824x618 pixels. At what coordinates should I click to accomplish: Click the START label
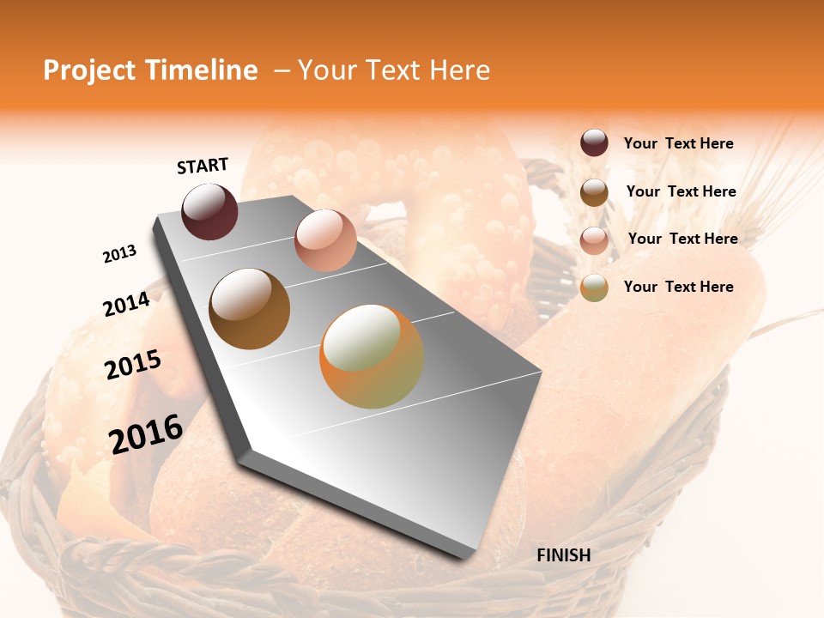[x=203, y=166]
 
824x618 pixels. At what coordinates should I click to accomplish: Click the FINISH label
[x=563, y=555]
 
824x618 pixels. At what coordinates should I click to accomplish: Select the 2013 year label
[x=119, y=254]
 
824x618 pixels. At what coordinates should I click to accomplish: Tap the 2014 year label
[x=126, y=305]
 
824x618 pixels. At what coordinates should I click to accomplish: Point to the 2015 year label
[x=133, y=365]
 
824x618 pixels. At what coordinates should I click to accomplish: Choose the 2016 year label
[x=146, y=433]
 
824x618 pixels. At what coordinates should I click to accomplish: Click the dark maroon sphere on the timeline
[x=209, y=211]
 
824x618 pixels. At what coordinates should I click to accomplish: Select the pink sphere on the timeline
[x=325, y=240]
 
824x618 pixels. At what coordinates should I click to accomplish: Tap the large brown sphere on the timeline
[x=249, y=309]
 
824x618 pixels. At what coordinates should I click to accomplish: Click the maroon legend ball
[x=594, y=142]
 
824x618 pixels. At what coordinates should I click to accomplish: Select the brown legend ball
[x=594, y=192]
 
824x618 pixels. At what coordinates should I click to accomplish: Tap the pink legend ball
[x=594, y=239]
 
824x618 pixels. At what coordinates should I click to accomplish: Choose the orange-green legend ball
[x=594, y=288]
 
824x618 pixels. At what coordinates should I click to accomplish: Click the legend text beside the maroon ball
[x=678, y=143]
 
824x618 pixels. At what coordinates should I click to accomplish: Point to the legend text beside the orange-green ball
[x=678, y=287]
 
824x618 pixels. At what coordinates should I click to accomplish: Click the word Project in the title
[x=88, y=70]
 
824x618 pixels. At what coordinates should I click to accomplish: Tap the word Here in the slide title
[x=459, y=70]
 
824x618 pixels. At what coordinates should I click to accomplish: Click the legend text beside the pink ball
[x=682, y=239]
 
